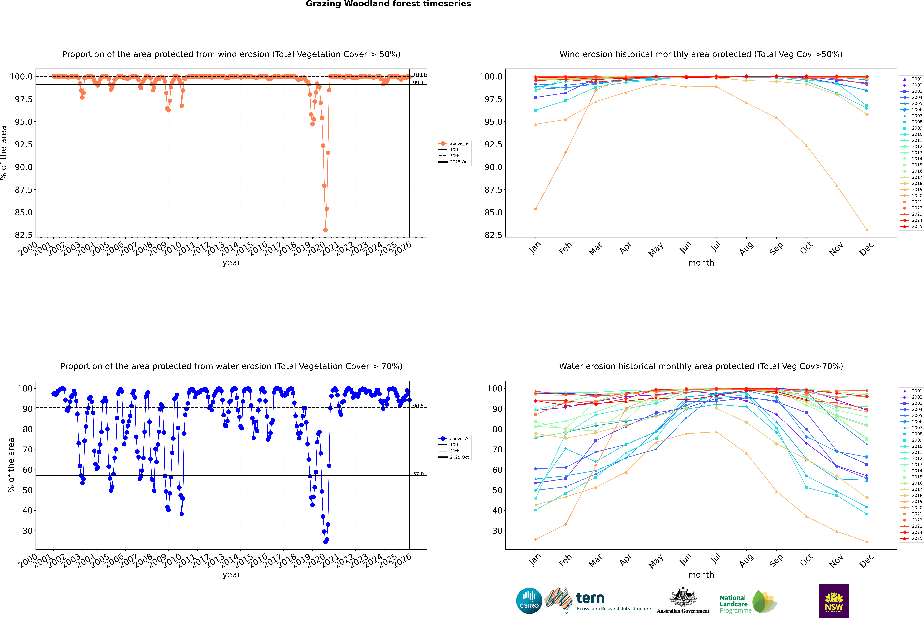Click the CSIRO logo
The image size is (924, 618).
[529, 601]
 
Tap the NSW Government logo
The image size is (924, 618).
[834, 601]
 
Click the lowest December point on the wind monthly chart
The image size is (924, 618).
[867, 230]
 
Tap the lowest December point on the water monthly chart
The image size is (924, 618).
[867, 542]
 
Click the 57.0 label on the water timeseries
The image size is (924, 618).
[418, 474]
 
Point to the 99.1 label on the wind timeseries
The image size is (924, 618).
[418, 83]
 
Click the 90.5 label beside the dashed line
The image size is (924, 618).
[418, 406]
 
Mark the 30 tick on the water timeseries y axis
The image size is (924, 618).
[28, 531]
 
